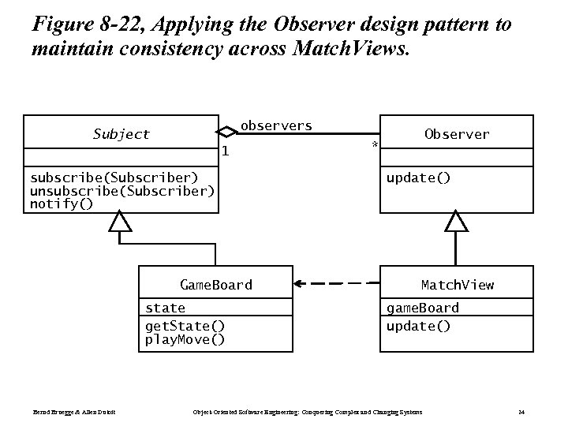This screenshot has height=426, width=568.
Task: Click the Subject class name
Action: [121, 134]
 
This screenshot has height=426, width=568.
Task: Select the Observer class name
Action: [456, 134]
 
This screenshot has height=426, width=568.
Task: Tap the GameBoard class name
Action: [216, 285]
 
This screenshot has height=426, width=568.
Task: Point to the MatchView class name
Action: [457, 285]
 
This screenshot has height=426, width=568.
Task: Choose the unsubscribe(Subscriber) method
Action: [121, 191]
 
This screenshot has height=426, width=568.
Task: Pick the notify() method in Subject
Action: [61, 204]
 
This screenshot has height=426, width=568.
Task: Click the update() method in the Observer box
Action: [418, 177]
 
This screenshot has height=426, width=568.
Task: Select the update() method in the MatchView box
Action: [418, 326]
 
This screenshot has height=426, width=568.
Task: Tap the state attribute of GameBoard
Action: [165, 308]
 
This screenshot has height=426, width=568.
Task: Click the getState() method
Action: [185, 326]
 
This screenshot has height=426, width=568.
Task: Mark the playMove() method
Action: [185, 339]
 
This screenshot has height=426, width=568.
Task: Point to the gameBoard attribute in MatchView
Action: [422, 308]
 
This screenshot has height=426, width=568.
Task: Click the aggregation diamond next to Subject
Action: [226, 132]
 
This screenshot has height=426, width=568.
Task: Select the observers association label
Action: [275, 125]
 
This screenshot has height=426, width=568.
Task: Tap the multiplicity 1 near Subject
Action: [225, 151]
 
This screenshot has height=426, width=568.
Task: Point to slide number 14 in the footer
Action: [521, 412]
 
